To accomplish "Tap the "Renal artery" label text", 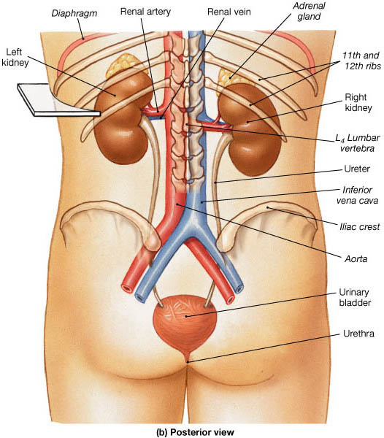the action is tap(145, 12).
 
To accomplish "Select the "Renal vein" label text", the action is tap(229, 12).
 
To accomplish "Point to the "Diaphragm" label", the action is tap(74, 13).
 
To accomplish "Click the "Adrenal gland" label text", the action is tap(309, 11).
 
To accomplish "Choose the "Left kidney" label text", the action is tap(15, 57).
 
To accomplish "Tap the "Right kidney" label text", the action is tap(358, 103).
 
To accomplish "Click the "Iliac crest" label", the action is tap(360, 226).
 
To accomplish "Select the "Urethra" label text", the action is tap(358, 334).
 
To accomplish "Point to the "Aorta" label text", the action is tap(356, 259).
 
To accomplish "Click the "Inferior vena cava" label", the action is tap(358, 195).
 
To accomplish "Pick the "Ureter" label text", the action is tap(357, 169).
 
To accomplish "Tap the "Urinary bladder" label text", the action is tap(355, 298).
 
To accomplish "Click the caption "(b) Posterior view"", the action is tap(195, 432).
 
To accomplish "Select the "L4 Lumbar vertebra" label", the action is tap(358, 143).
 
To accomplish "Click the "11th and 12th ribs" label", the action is tap(362, 61).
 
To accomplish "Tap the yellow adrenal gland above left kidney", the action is tap(122, 66).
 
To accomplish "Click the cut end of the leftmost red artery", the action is tap(127, 288).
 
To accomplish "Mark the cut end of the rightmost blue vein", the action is tap(239, 288).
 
